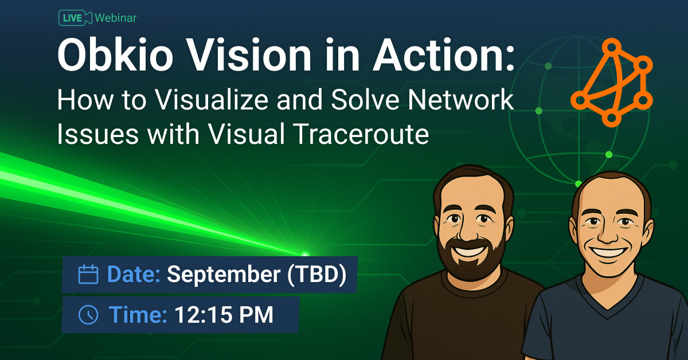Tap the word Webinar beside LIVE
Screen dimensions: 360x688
(116, 18)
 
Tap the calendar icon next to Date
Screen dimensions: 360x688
(88, 275)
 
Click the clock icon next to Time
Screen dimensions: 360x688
(88, 314)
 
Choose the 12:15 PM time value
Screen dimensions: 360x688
(224, 314)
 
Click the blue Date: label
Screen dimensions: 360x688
(134, 275)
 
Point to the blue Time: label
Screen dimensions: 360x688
(138, 314)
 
